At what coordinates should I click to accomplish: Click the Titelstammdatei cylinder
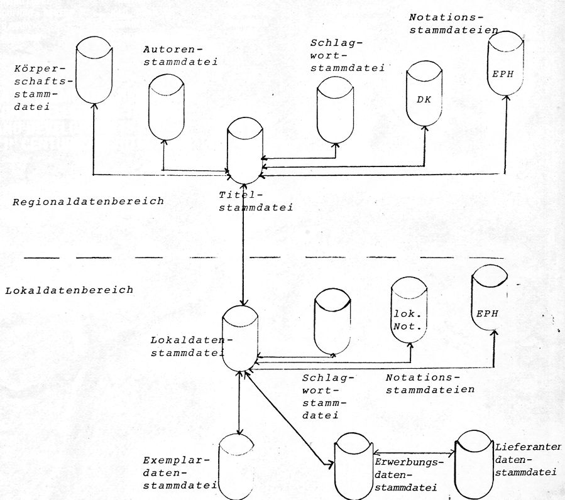click(x=244, y=151)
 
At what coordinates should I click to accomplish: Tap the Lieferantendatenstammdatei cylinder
click(x=475, y=462)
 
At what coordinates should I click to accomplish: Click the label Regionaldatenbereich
click(x=88, y=202)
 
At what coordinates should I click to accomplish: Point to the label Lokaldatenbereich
click(x=69, y=290)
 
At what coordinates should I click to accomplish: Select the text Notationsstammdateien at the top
click(x=453, y=23)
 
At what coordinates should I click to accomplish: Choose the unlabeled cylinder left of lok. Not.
click(x=333, y=320)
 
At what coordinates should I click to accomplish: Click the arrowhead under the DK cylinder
click(x=425, y=128)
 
